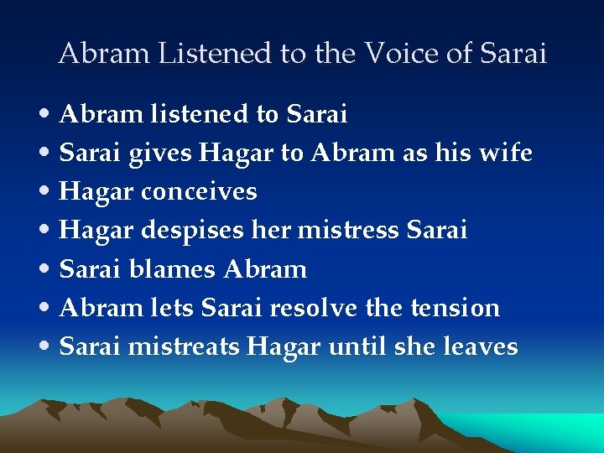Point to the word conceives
(x=199, y=192)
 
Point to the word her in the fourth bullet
(x=268, y=230)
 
